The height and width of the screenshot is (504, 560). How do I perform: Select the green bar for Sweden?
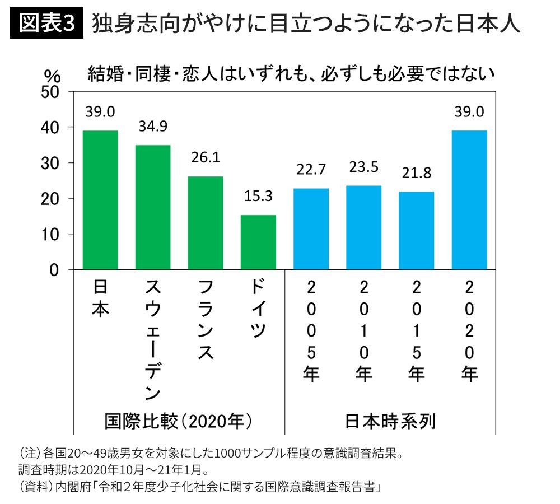pos(153,207)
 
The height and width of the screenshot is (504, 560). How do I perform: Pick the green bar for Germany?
pos(259,242)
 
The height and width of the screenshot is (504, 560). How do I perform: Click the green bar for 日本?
pos(100,200)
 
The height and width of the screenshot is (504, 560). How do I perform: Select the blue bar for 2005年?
pos(311,229)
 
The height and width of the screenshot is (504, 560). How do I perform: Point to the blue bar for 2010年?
pos(364,227)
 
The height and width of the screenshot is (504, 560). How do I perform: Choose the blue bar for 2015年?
pos(417,231)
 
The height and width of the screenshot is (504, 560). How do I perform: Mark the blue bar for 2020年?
pos(469,200)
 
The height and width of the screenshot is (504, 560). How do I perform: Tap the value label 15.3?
pos(259,197)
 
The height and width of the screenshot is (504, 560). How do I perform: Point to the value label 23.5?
pos(364,167)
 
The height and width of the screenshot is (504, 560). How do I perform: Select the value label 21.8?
pos(417,173)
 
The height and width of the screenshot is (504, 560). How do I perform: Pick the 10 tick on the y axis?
pos(50,234)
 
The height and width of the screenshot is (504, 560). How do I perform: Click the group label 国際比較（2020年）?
pos(178,421)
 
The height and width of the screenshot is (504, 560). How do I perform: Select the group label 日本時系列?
pos(390,421)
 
